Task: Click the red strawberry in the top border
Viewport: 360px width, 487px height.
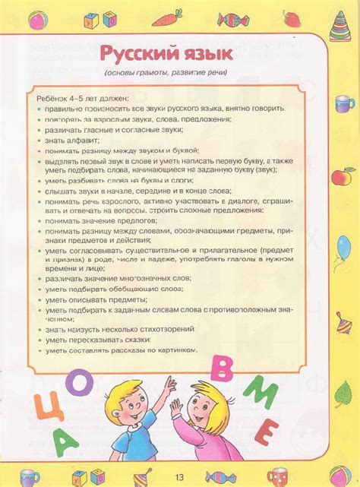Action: coord(289,15)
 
